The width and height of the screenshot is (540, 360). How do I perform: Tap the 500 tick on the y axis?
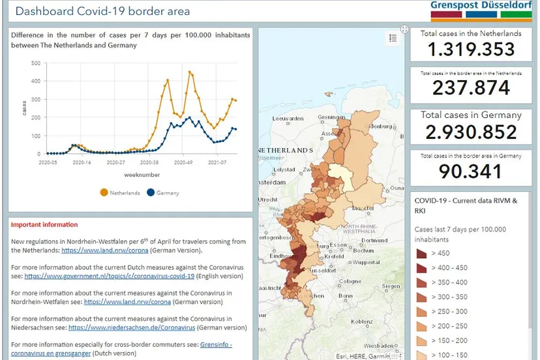click(36, 63)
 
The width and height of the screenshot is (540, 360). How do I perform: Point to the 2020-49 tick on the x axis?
click(183, 162)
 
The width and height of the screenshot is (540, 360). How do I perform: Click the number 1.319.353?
click(471, 50)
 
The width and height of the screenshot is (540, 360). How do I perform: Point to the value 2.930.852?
click(471, 132)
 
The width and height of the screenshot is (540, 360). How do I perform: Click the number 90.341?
click(471, 172)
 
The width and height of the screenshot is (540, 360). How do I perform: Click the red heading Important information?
click(44, 225)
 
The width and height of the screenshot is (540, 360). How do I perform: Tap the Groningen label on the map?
click(330, 118)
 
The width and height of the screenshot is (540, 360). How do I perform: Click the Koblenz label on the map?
click(362, 322)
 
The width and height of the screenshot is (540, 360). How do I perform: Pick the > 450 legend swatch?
click(421, 253)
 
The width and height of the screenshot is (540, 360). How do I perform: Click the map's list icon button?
click(393, 38)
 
